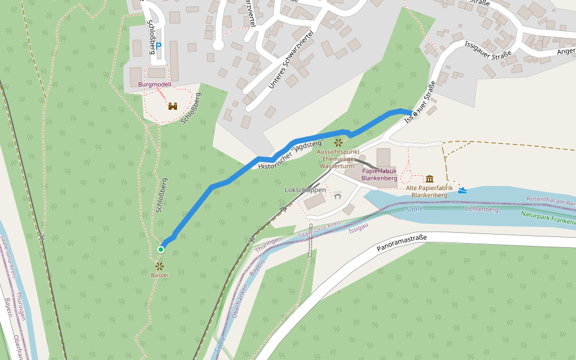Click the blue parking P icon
[159, 45]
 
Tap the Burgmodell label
[155, 85]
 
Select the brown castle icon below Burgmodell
[173, 106]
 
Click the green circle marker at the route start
[161, 249]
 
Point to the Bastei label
[160, 275]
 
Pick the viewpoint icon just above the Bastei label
[160, 265]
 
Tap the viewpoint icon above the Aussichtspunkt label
[338, 143]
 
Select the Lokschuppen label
[305, 190]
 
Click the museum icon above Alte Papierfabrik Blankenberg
[430, 179]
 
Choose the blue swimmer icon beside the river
[463, 190]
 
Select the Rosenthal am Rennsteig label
[550, 201]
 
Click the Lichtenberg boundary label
[481, 210]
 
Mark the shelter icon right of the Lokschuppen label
[338, 196]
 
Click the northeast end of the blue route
[412, 113]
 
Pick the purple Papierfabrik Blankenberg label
[379, 175]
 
